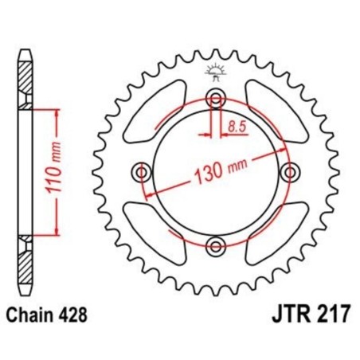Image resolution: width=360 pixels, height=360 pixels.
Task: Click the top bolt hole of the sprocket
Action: click(213, 99)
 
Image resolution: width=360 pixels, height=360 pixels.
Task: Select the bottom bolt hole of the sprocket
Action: click(213, 244)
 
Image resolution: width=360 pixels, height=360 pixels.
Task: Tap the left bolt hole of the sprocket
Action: click(142, 171)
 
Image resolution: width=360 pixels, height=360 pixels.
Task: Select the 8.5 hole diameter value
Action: click(237, 124)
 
